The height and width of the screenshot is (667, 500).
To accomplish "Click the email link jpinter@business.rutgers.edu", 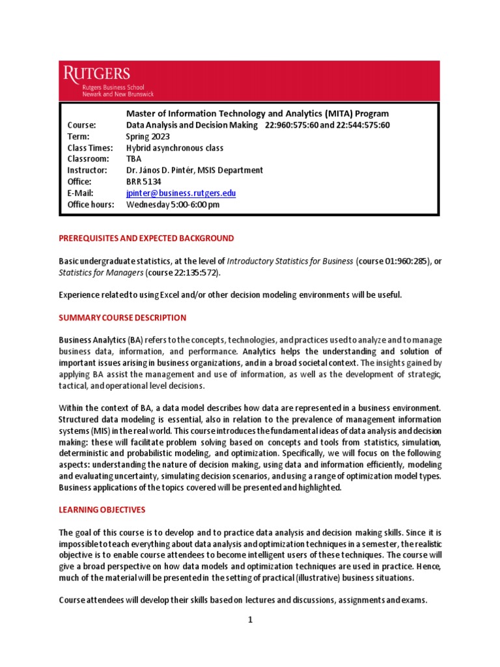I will [180, 193].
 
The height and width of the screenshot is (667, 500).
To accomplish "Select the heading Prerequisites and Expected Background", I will [146, 238].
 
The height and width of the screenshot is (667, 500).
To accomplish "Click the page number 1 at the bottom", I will [249, 620].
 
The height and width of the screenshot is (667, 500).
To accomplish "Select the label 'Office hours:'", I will [90, 205].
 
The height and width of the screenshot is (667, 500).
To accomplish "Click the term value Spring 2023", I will [148, 136].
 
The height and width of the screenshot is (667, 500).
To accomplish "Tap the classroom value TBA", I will [133, 159].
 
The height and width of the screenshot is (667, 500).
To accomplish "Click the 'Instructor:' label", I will [87, 171].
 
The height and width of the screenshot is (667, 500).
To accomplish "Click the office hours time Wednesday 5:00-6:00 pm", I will [173, 205].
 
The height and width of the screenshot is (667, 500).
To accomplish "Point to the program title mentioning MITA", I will [257, 113].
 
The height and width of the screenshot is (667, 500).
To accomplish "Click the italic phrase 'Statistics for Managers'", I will [101, 272].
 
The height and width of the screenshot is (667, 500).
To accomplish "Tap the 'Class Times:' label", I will [90, 148].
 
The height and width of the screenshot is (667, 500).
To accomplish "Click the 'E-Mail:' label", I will [81, 193].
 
